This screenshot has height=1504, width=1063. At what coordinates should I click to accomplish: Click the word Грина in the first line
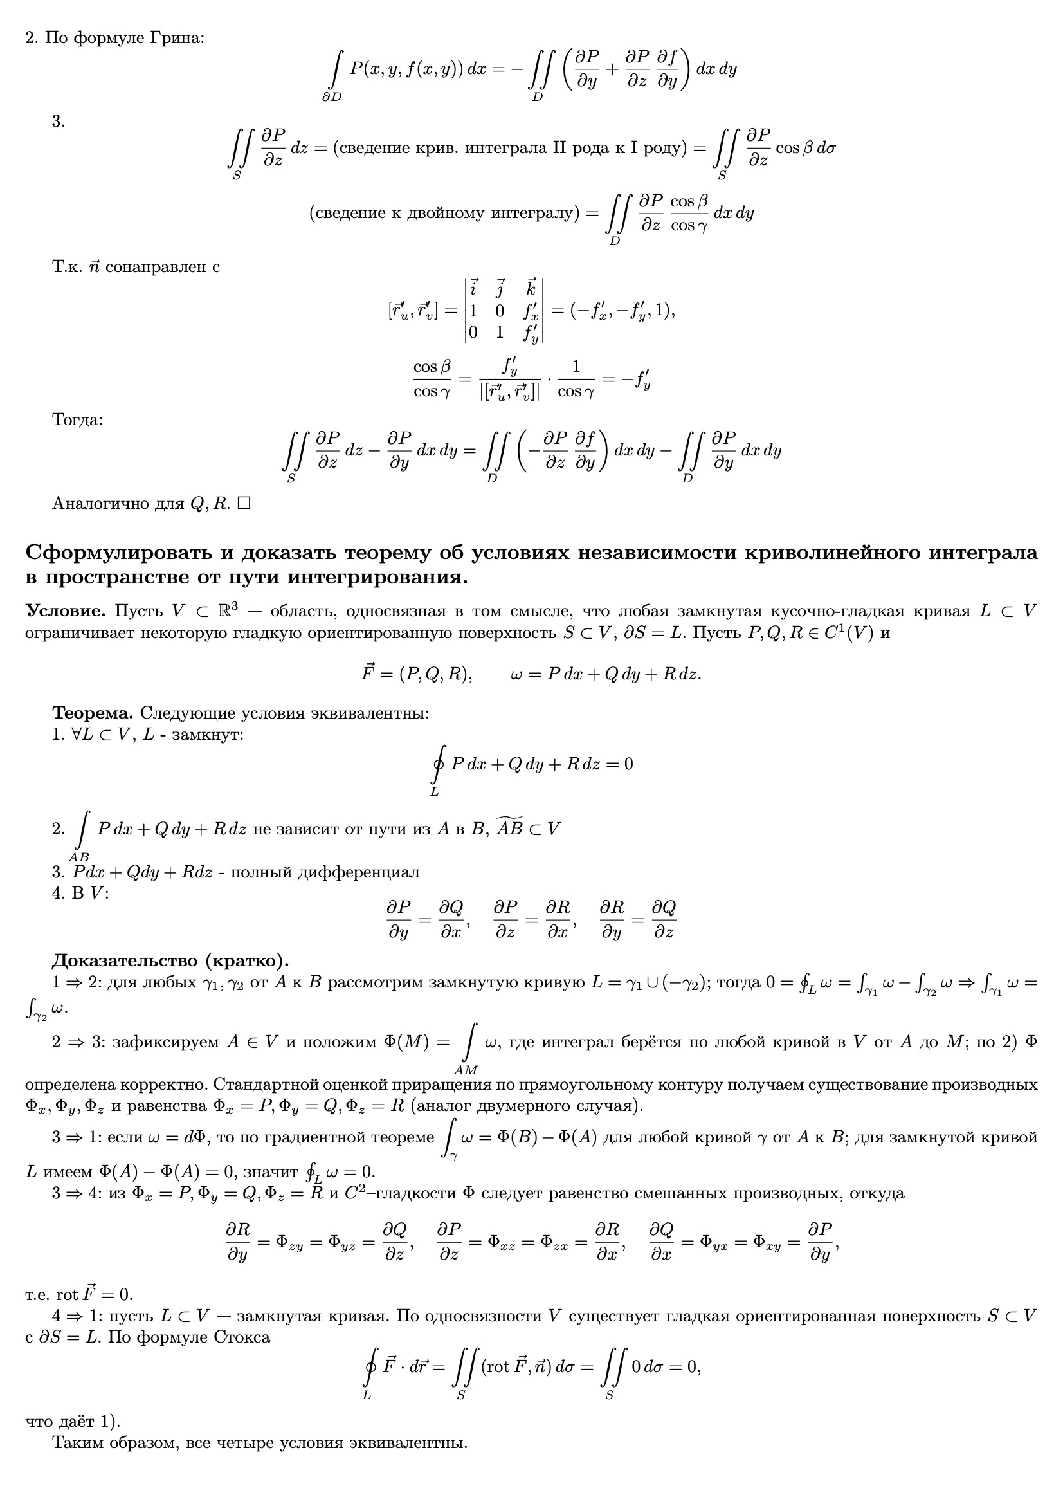point(177,38)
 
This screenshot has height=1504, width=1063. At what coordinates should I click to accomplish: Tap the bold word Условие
point(66,611)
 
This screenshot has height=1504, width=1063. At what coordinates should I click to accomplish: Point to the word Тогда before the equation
point(77,420)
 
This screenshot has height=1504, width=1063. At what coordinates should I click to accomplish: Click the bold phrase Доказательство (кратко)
point(170,961)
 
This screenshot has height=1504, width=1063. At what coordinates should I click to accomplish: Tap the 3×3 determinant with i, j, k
point(504,310)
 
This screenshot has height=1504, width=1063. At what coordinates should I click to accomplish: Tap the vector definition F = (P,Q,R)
point(417,674)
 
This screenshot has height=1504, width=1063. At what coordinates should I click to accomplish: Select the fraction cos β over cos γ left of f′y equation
point(432,380)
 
